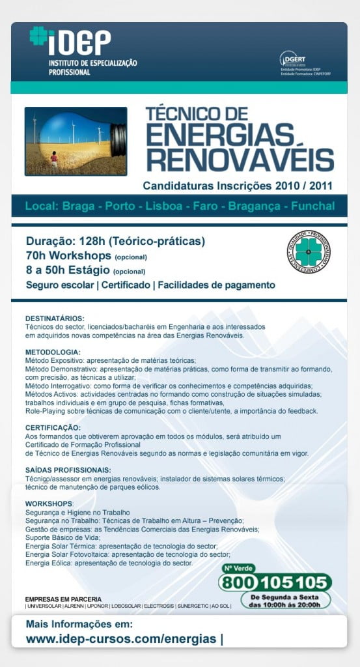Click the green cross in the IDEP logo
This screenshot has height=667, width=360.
(38, 36)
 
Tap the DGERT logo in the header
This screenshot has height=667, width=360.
(293, 59)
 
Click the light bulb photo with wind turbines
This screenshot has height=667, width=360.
(75, 141)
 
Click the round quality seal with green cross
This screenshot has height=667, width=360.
(309, 251)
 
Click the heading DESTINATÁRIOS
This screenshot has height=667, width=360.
(55, 319)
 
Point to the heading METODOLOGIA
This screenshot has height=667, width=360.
(52, 352)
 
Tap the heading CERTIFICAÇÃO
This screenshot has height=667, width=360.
(53, 427)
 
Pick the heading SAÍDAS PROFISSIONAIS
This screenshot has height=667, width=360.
(68, 470)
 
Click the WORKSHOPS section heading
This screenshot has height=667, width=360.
(49, 504)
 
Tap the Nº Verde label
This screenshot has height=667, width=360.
(239, 569)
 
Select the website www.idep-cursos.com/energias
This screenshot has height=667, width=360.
(121, 639)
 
